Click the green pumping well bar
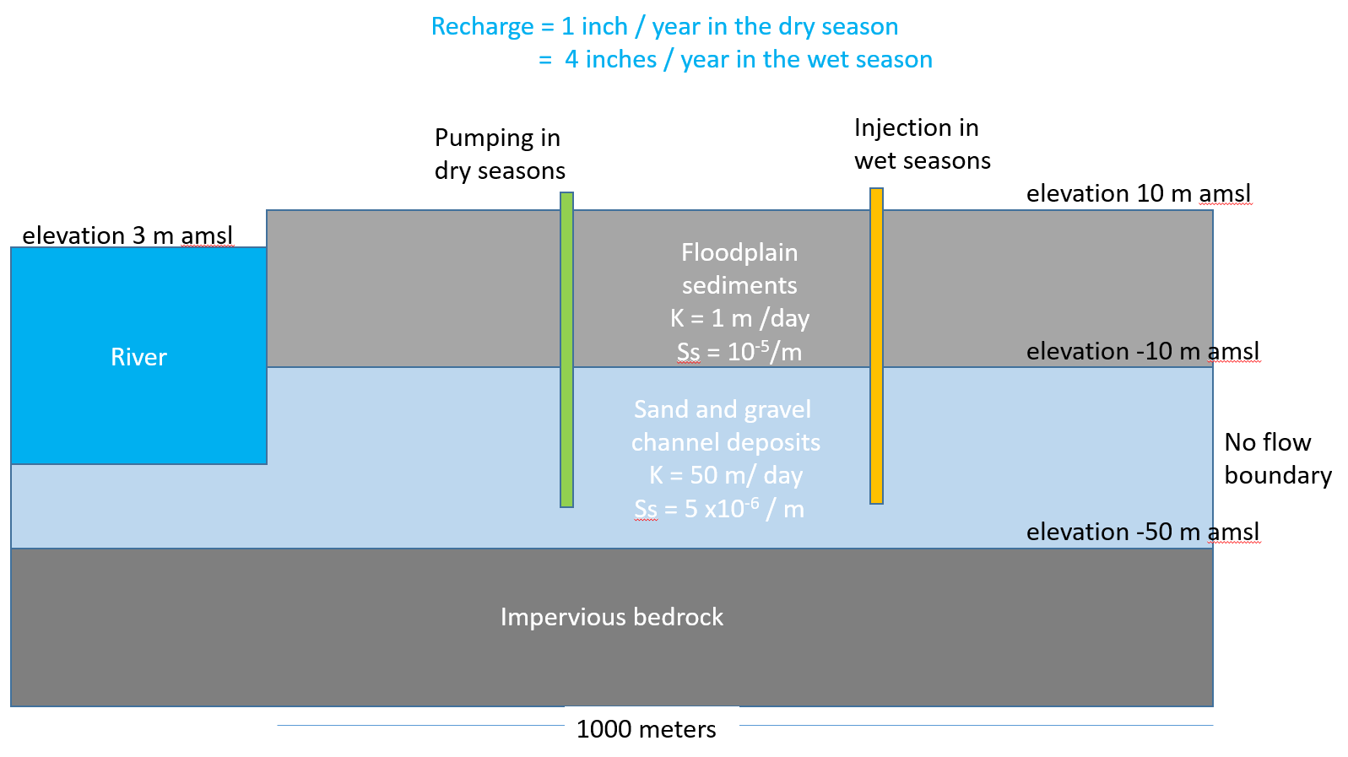pyautogui.click(x=566, y=349)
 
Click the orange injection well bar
pyautogui.click(x=876, y=346)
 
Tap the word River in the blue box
pyautogui.click(x=138, y=357)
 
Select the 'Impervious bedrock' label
pyautogui.click(x=611, y=617)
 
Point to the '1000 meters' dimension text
pyautogui.click(x=647, y=729)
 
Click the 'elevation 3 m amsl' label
pyautogui.click(x=127, y=235)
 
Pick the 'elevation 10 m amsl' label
pyautogui.click(x=1139, y=193)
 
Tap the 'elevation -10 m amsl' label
pyautogui.click(x=1142, y=351)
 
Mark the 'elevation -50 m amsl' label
pyautogui.click(x=1142, y=532)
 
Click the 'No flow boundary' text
pyautogui.click(x=1278, y=458)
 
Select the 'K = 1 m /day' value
pyautogui.click(x=739, y=317)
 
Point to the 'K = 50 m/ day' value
pyautogui.click(x=725, y=475)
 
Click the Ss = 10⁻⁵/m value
pyautogui.click(x=739, y=351)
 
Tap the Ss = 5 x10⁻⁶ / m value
pyautogui.click(x=719, y=509)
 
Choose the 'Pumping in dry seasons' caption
pyautogui.click(x=500, y=154)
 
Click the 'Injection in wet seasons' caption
pyautogui.click(x=922, y=143)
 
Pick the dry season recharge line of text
pyautogui.click(x=665, y=26)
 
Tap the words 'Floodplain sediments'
pyautogui.click(x=739, y=268)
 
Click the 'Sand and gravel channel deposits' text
pyautogui.click(x=725, y=425)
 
